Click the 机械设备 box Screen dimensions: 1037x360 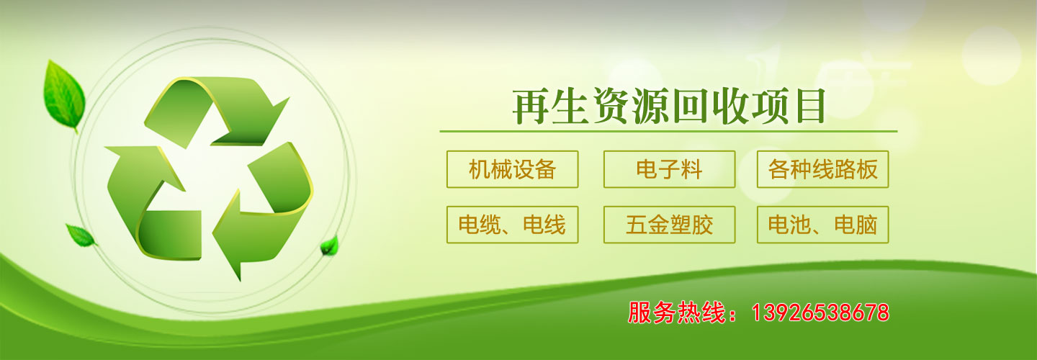(x=513, y=169)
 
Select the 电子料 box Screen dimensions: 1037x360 (x=670, y=169)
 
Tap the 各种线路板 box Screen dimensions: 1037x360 (x=822, y=169)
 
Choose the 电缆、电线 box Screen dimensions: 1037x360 (x=513, y=225)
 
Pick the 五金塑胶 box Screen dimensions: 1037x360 (x=670, y=225)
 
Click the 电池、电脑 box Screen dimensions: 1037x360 (x=822, y=225)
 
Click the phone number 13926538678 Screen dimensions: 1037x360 (x=820, y=312)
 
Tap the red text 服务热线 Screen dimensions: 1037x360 (x=676, y=312)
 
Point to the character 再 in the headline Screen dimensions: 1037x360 (x=531, y=107)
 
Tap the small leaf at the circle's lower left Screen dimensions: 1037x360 (x=81, y=235)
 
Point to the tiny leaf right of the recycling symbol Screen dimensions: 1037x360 (x=330, y=246)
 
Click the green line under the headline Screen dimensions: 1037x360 (x=668, y=132)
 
